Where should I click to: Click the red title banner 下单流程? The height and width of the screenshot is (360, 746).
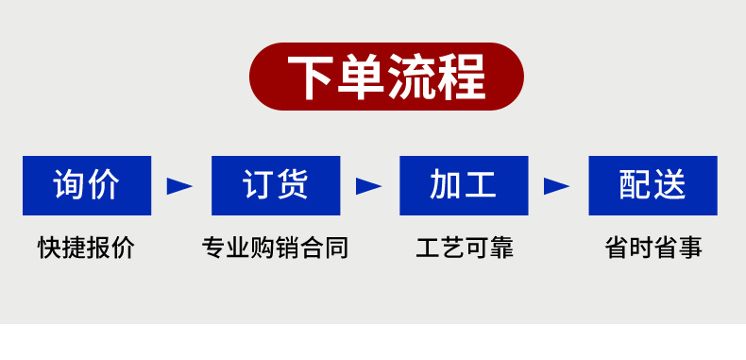pos(386,77)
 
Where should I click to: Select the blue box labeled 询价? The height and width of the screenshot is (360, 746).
pos(87,185)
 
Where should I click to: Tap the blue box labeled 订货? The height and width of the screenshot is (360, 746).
pos(275,185)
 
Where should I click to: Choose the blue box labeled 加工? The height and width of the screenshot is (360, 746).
pos(464,185)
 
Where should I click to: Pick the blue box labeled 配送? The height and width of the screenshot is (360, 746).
pos(653,185)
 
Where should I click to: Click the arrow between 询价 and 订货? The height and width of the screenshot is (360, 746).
pos(179,186)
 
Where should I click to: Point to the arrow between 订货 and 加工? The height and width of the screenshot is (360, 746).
pos(368,186)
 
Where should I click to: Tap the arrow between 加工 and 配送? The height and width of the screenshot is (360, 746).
pos(557,186)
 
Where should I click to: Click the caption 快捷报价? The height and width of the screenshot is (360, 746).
pos(87,249)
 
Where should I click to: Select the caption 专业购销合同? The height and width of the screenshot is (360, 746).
pos(275,249)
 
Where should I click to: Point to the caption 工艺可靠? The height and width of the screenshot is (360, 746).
pos(465,249)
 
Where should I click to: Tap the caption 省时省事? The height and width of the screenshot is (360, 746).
pos(653,249)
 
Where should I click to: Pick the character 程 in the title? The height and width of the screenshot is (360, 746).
pos(462,77)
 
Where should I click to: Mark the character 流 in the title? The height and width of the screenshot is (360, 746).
pos(412,77)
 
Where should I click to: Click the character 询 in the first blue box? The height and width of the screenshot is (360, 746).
pos(70,185)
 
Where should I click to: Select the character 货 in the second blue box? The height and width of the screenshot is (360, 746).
pos(293,185)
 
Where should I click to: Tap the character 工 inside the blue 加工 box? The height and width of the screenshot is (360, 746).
pos(481,185)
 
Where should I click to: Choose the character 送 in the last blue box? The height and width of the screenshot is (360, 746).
pos(670,185)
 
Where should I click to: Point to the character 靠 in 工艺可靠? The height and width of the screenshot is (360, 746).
pos(501,249)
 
